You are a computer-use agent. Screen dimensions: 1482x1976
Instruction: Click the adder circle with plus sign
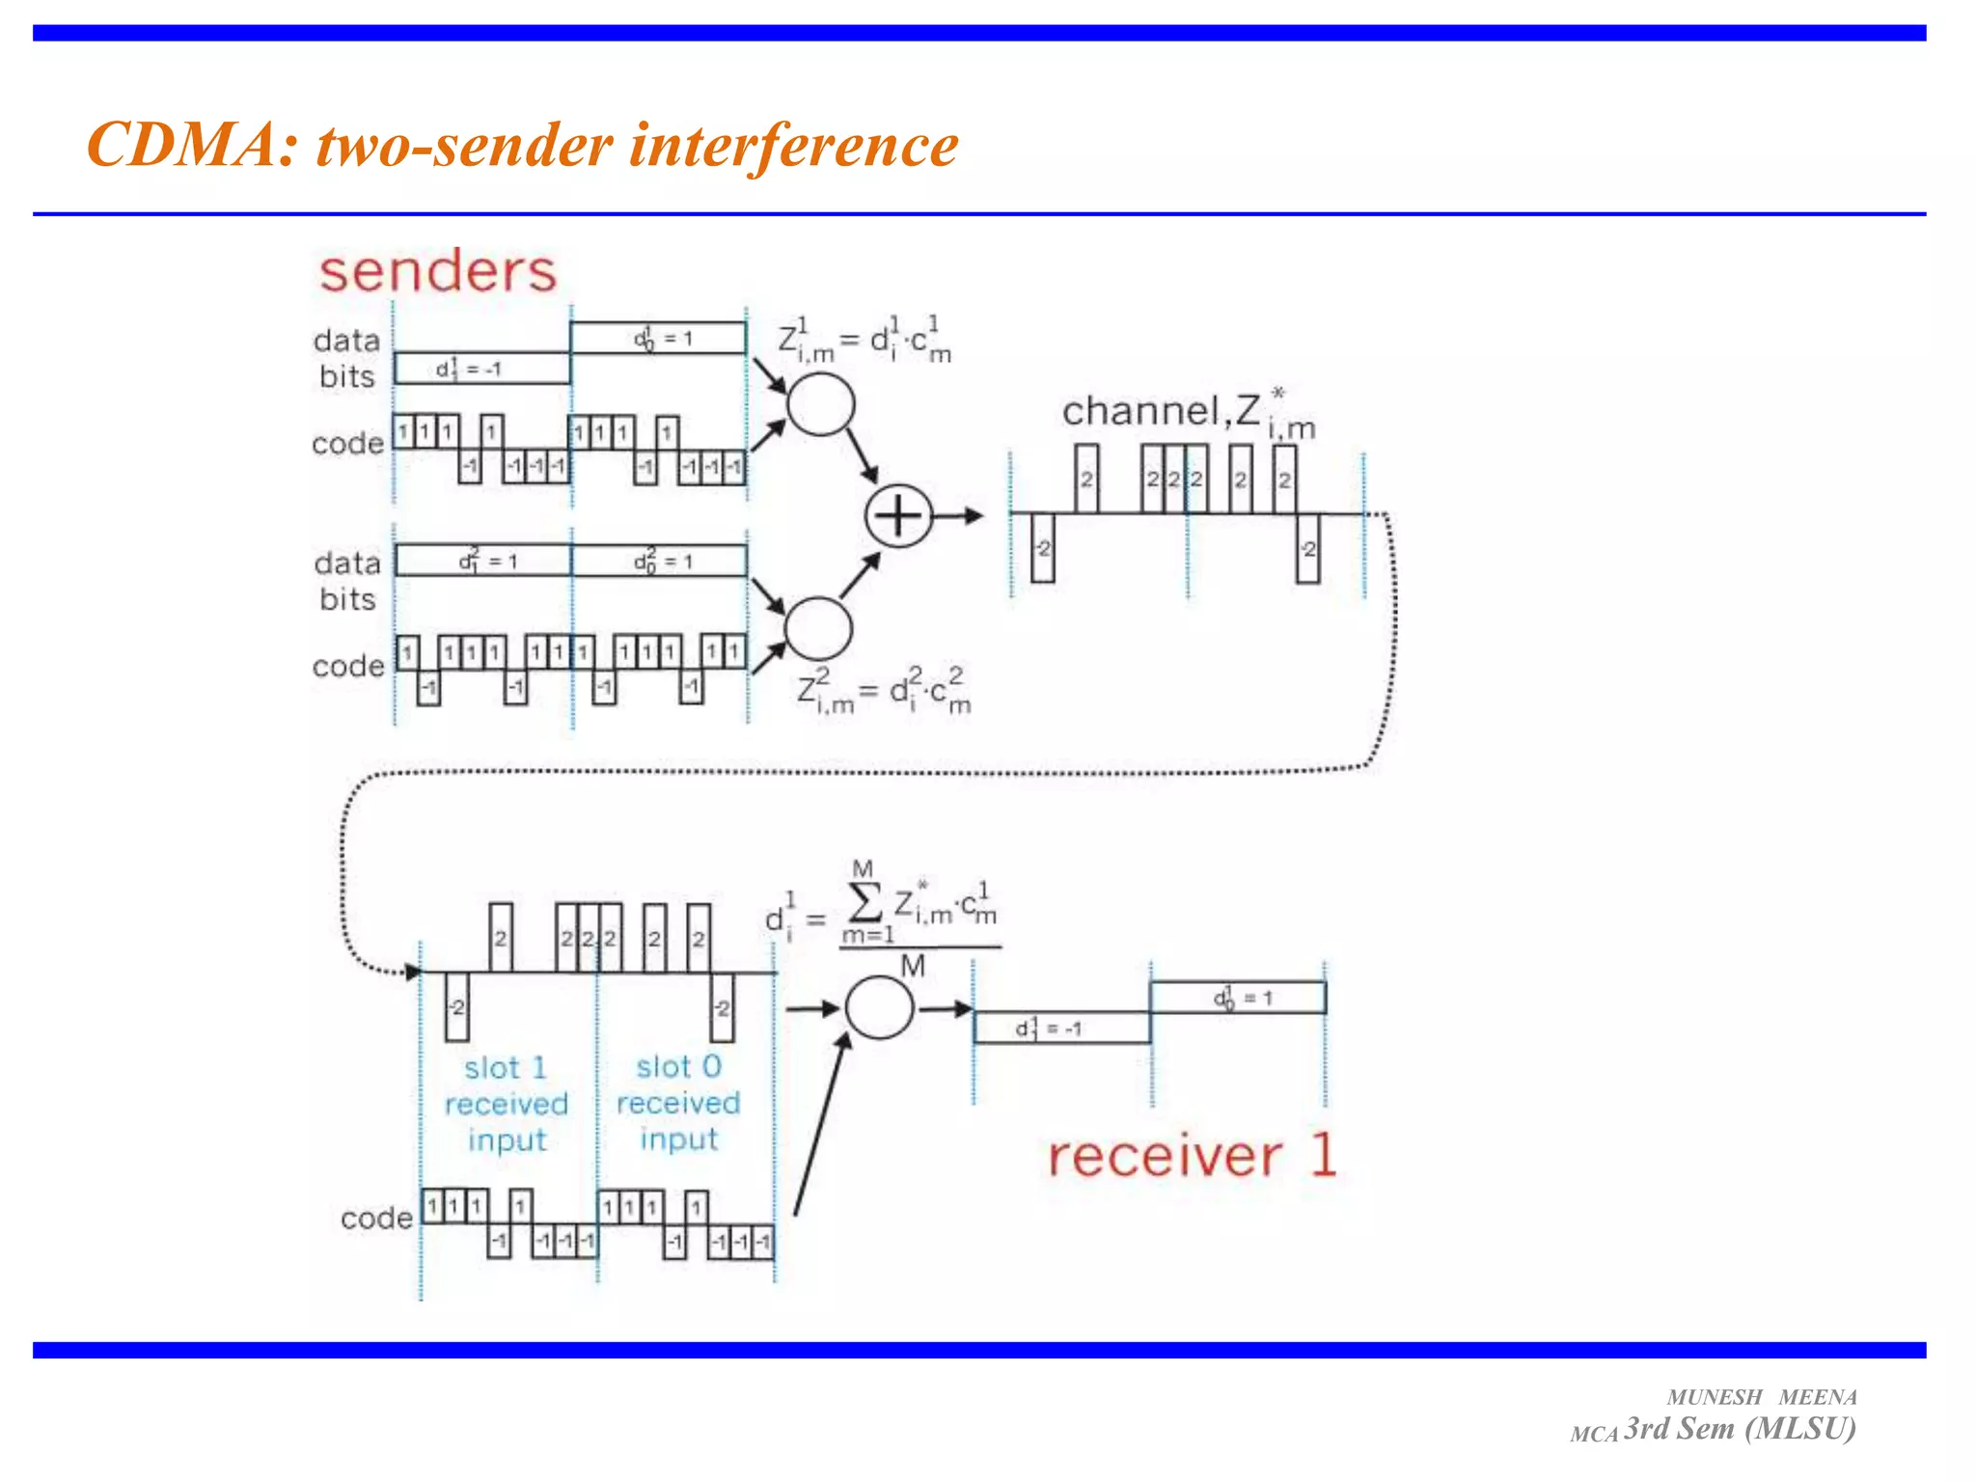click(x=897, y=516)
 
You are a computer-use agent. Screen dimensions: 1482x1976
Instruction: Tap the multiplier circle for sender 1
click(x=820, y=404)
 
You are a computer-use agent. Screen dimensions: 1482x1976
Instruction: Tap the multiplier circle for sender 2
click(x=818, y=628)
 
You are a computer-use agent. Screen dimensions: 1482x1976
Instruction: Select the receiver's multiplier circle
click(x=879, y=1007)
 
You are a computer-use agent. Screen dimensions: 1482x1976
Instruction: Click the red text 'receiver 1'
click(x=1192, y=1156)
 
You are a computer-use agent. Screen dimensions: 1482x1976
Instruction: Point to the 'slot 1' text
click(x=505, y=1068)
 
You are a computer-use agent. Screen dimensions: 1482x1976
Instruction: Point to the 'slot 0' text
click(x=678, y=1066)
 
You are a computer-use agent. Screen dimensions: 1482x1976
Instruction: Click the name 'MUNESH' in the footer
click(x=1714, y=1397)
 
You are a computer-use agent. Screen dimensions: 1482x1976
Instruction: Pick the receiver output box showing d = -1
click(x=1061, y=1029)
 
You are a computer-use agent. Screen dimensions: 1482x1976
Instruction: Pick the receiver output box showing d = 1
click(x=1238, y=998)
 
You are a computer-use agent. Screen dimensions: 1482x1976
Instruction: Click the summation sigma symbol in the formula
click(x=864, y=903)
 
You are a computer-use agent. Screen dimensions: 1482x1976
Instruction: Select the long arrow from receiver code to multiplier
click(x=820, y=1124)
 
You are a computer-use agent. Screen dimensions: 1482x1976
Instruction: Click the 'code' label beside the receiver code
click(x=376, y=1219)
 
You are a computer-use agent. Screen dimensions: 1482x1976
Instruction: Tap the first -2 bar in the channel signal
click(x=1042, y=548)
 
